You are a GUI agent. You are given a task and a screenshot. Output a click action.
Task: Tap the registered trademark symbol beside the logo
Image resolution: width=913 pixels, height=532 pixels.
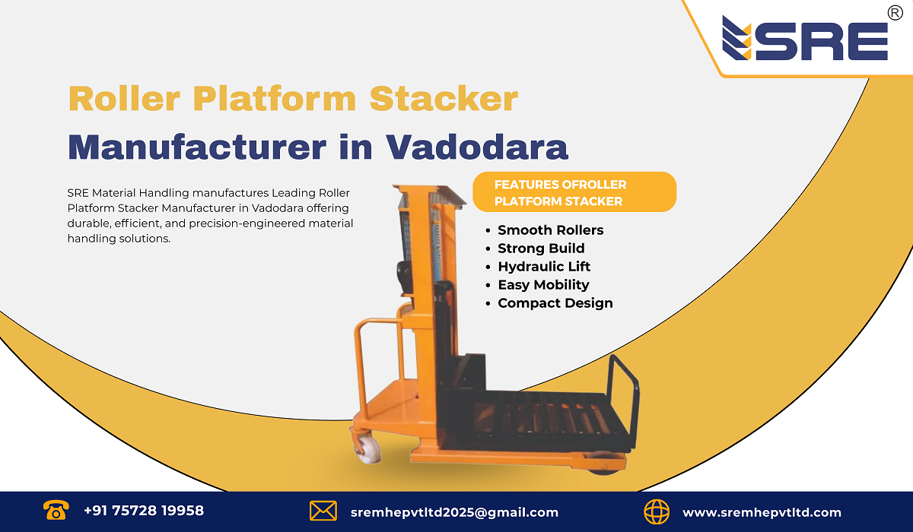point(895,13)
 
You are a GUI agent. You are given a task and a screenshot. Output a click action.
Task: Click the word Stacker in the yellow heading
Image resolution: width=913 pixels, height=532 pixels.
point(444,100)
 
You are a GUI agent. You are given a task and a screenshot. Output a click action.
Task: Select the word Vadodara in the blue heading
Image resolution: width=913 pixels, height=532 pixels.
point(477,146)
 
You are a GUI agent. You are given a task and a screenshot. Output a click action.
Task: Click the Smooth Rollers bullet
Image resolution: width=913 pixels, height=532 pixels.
point(550,230)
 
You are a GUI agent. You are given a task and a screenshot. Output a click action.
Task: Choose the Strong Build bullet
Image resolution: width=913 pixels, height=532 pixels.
point(541,249)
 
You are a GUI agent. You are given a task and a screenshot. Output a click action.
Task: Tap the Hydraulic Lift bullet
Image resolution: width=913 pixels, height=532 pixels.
point(544,267)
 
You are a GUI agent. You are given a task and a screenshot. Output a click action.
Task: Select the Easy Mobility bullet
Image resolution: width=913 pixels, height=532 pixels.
point(543,285)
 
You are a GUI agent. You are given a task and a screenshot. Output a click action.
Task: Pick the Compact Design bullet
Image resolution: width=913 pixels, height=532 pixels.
point(555,303)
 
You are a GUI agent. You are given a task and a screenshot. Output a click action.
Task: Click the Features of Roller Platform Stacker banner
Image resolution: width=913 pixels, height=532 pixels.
point(574,192)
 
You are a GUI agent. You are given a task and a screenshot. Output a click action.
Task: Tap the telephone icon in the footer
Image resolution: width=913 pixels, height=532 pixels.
point(56,511)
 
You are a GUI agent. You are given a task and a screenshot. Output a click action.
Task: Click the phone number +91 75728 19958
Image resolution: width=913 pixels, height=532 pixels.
point(144,511)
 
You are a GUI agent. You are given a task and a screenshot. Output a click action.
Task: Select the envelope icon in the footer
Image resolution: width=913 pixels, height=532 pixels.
point(323,511)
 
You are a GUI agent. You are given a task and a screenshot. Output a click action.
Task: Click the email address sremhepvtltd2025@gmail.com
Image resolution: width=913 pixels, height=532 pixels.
point(454,512)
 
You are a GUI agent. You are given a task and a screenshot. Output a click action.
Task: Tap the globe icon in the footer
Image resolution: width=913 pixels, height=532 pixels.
point(657,511)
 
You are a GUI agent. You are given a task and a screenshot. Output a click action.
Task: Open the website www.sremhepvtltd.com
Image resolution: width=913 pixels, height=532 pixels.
point(762,512)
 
